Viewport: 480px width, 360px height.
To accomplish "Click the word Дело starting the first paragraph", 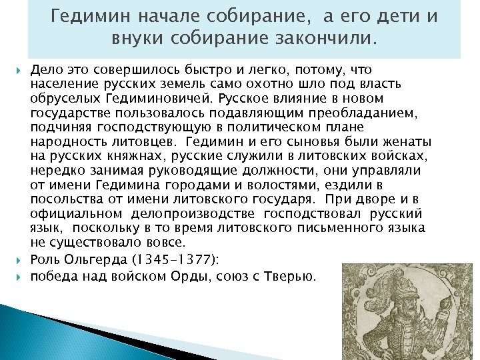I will [x=46, y=69].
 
